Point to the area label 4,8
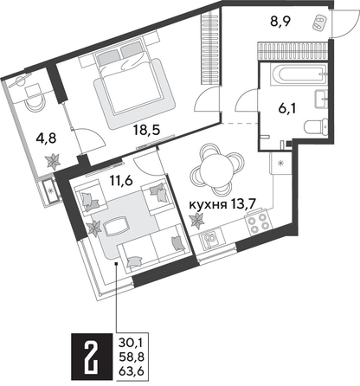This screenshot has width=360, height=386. click(29, 136)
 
